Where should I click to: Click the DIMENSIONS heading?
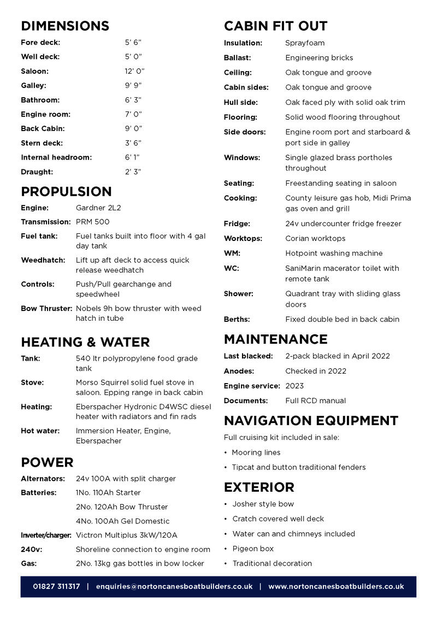pos(65,26)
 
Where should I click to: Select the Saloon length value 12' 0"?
pos(134,71)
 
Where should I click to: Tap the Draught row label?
pos(37,172)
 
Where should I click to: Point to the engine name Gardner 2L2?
pos(98,208)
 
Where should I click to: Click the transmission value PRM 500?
pos(92,222)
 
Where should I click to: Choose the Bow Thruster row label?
pos(46,308)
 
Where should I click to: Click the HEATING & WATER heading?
pos(85,342)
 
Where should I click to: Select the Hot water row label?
pos(40,431)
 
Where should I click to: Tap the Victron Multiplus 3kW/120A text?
pos(127,535)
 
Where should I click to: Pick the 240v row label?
pos(29,549)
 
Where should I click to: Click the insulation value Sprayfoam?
pos(305,43)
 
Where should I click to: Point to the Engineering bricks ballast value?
pos(319,57)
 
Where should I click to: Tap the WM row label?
pos(232,253)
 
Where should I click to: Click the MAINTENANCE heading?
pos(276,339)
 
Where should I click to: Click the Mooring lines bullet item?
pos(256,452)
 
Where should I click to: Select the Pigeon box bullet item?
pos(253,549)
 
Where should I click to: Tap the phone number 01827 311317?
pos(56,586)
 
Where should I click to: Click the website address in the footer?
pos(336,586)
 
